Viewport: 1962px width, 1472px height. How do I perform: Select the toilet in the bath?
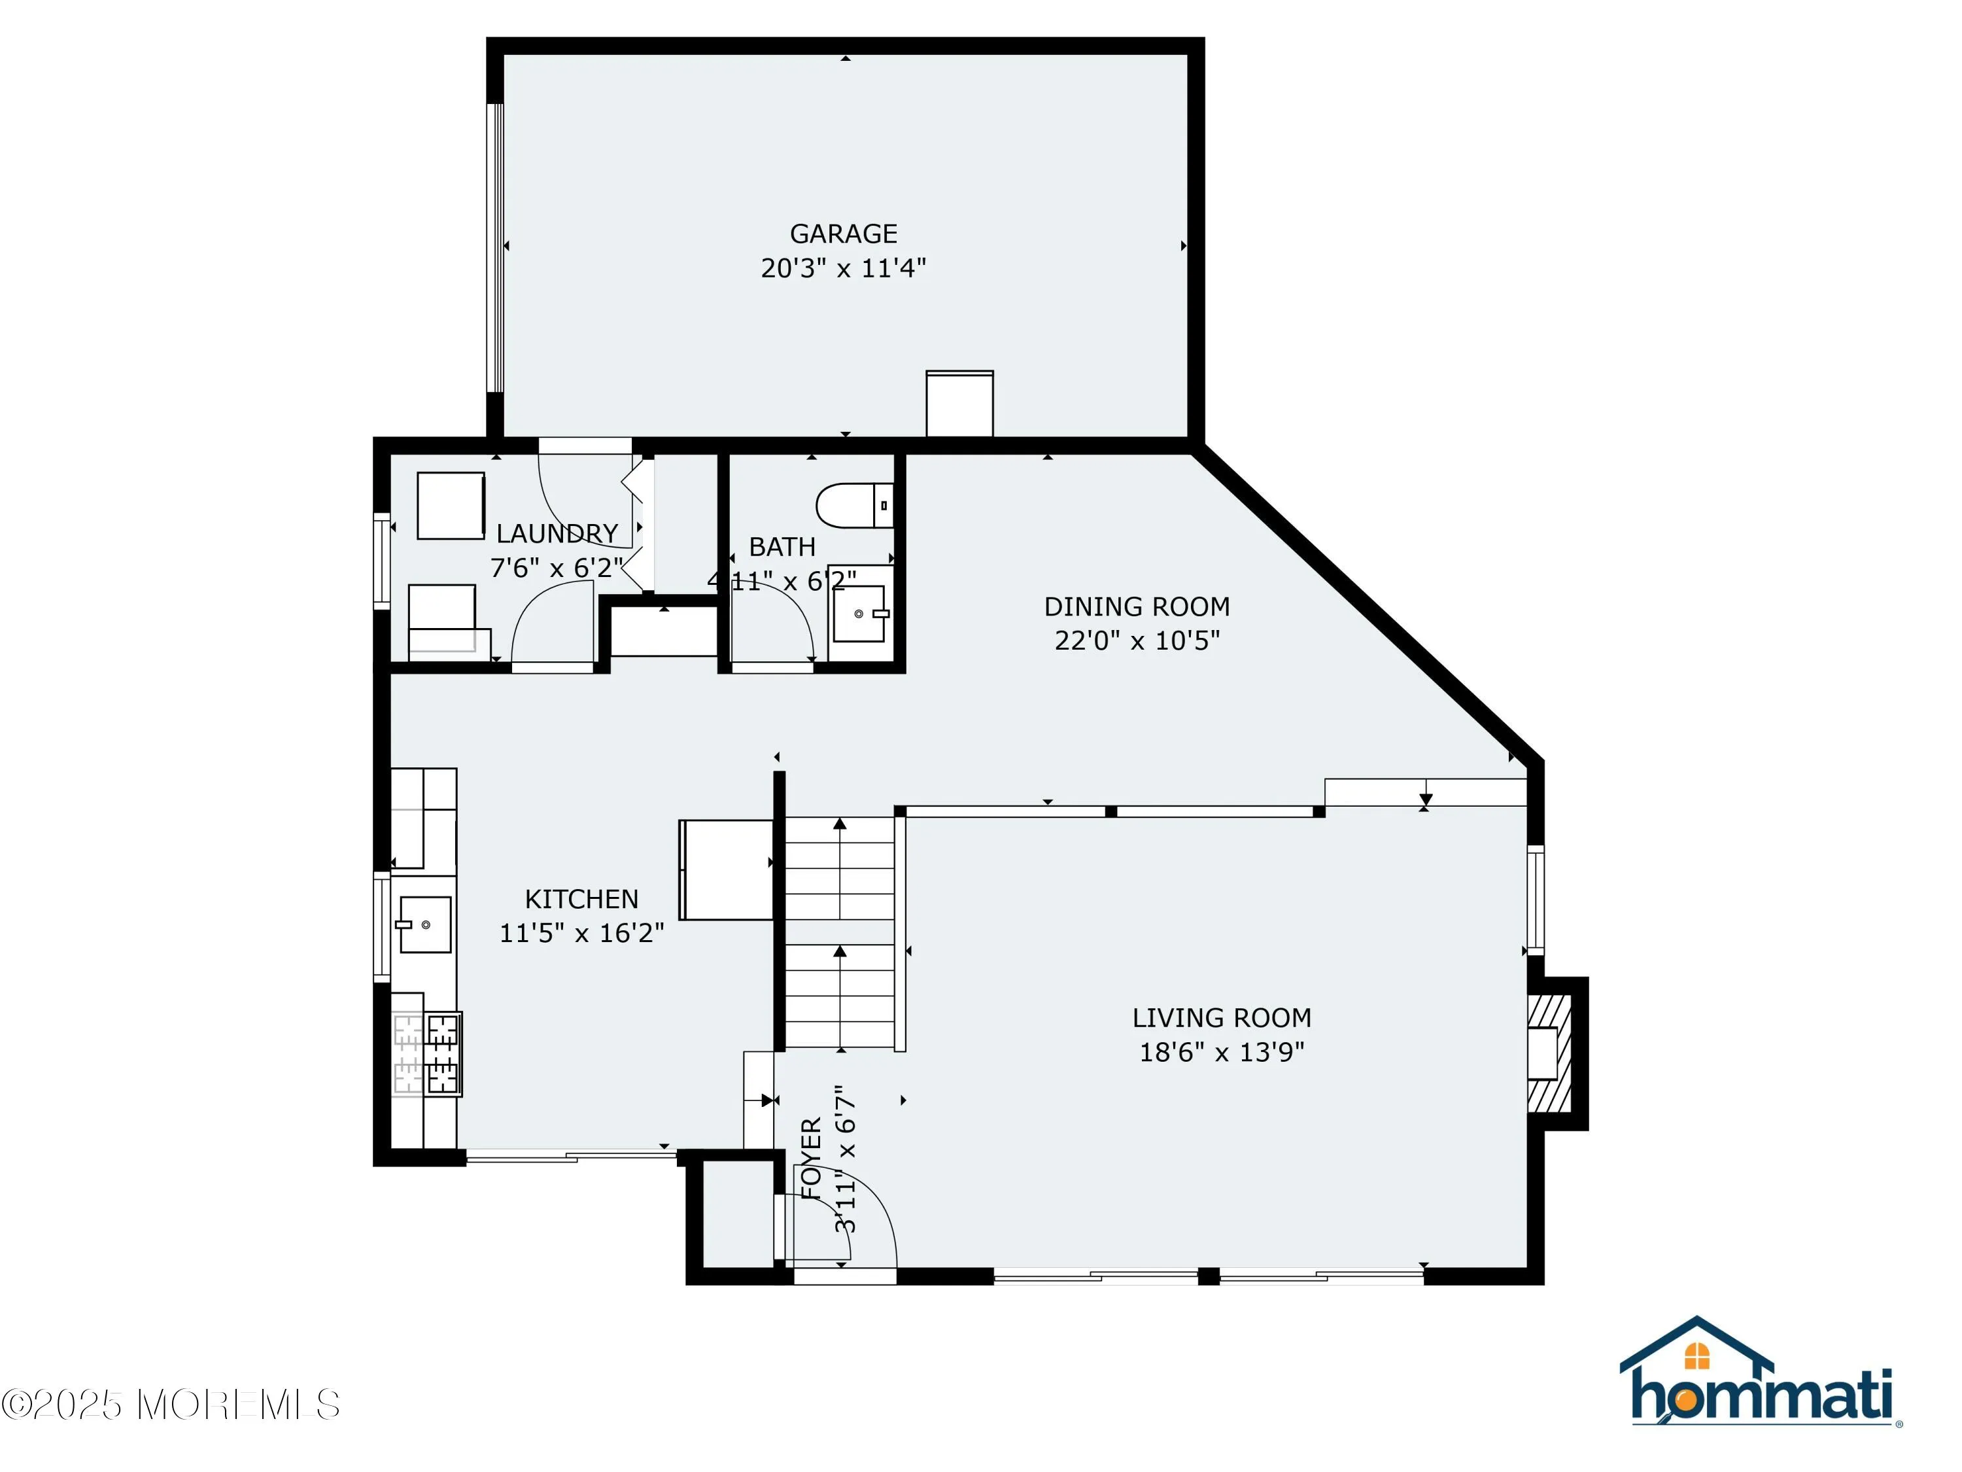click(x=853, y=505)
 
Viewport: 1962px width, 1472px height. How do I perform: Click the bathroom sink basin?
click(x=859, y=613)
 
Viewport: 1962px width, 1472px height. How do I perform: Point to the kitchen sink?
click(x=425, y=924)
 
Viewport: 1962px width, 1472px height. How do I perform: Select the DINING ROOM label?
click(x=1136, y=607)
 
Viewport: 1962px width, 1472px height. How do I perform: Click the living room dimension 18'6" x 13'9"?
click(x=1222, y=1052)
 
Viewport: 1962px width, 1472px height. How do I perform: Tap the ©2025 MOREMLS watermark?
click(x=170, y=1405)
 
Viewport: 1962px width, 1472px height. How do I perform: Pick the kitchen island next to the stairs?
click(x=725, y=869)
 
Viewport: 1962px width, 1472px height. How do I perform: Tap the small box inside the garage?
click(x=959, y=404)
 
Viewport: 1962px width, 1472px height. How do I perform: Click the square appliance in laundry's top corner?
click(x=451, y=505)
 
